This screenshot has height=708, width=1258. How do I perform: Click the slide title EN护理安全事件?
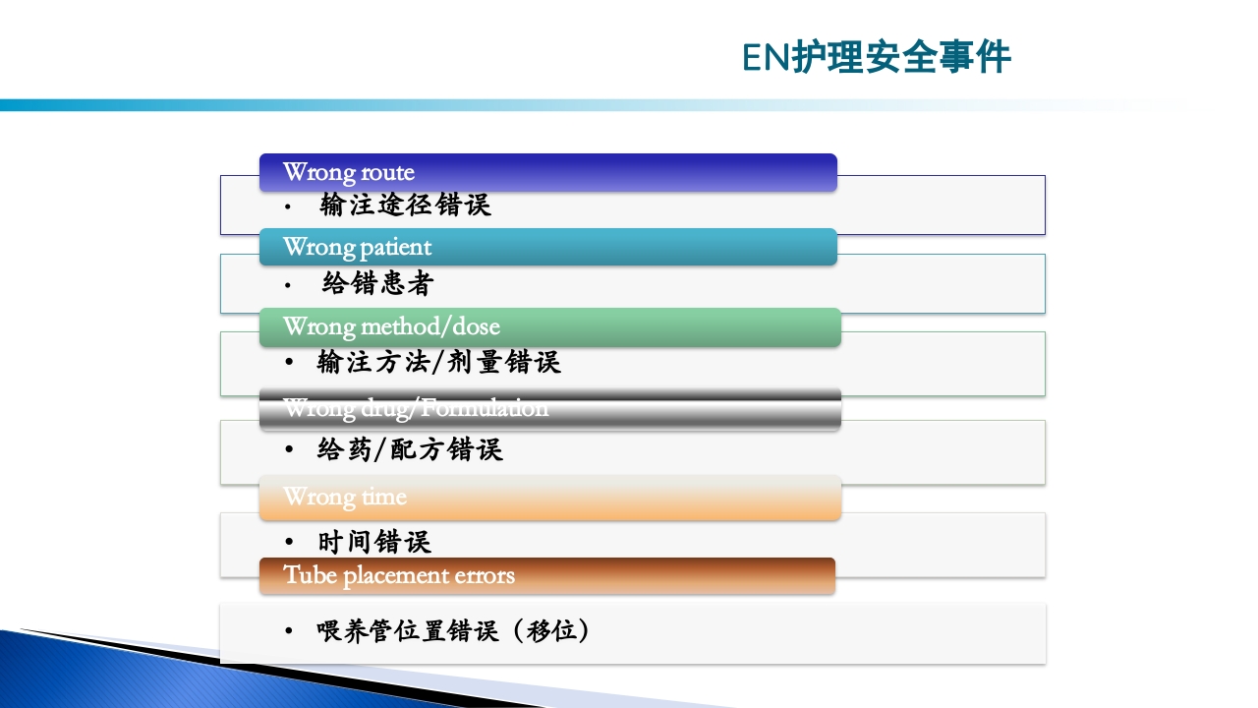pos(876,58)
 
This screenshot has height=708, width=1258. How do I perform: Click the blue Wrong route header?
pos(547,173)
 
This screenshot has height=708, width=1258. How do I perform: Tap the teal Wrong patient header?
pos(547,247)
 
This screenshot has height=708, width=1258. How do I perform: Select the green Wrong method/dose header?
pos(549,327)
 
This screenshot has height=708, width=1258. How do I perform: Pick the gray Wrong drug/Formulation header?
pos(549,409)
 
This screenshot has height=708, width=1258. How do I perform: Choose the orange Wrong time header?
pos(549,498)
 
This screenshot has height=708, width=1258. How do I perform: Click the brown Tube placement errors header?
pos(547,575)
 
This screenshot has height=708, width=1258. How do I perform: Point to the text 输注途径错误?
pos(405,206)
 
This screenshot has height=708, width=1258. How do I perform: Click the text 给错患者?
pos(377,284)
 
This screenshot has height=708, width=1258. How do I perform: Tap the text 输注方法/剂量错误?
pos(438,363)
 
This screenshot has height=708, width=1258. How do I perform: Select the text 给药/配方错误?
pos(410,450)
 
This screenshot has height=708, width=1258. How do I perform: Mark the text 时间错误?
pos(374,542)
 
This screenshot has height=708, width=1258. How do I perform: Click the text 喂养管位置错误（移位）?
pos(453,630)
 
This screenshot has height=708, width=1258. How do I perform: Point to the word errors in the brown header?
pos(483,575)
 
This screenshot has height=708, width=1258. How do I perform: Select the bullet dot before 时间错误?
pos(289,542)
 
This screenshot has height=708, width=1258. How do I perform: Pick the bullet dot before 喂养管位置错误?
pos(289,630)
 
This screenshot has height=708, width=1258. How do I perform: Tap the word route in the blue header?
pos(386,173)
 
